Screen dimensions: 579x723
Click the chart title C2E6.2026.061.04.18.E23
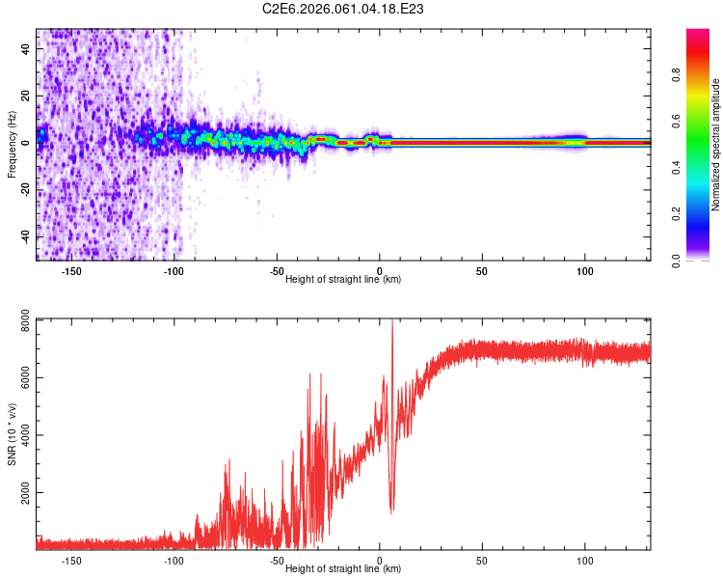pos(344,9)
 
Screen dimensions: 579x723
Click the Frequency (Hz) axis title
pos(12,145)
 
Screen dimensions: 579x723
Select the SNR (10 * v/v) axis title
pos(12,434)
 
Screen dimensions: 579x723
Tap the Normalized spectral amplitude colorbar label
pos(715,145)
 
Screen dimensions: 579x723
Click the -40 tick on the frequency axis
pos(25,236)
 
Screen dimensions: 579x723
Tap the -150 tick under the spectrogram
pos(71,271)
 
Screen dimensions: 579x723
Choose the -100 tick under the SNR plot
pos(174,560)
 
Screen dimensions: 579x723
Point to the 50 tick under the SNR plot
pos(482,560)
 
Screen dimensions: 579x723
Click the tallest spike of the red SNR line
pos(391,322)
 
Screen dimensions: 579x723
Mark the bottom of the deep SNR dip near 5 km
pos(391,511)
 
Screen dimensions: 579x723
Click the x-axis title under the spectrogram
pos(343,280)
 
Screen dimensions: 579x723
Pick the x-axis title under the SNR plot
pos(343,568)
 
